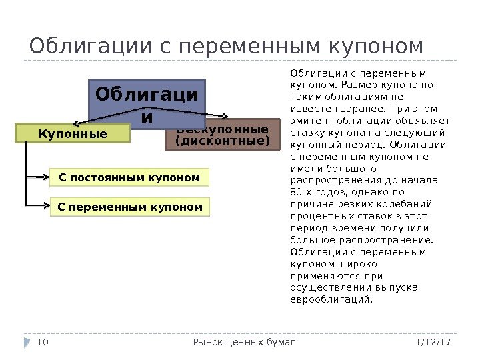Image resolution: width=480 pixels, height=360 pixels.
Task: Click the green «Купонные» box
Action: [73, 134]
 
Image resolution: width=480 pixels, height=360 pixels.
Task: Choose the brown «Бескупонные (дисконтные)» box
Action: [223, 136]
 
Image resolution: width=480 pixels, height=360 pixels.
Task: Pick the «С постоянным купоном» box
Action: [129, 178]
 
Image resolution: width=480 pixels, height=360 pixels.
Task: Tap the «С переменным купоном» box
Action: [129, 207]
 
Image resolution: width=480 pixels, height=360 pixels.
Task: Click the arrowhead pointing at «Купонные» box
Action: [75, 123]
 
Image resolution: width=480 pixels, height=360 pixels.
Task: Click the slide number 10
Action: [43, 342]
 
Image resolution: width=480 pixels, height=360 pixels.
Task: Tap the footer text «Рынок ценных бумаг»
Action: [243, 342]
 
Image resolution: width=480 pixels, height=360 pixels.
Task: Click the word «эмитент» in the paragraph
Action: [310, 121]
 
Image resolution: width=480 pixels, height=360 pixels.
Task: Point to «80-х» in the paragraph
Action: [301, 193]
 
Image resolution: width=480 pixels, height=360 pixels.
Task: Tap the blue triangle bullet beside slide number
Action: [27, 342]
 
